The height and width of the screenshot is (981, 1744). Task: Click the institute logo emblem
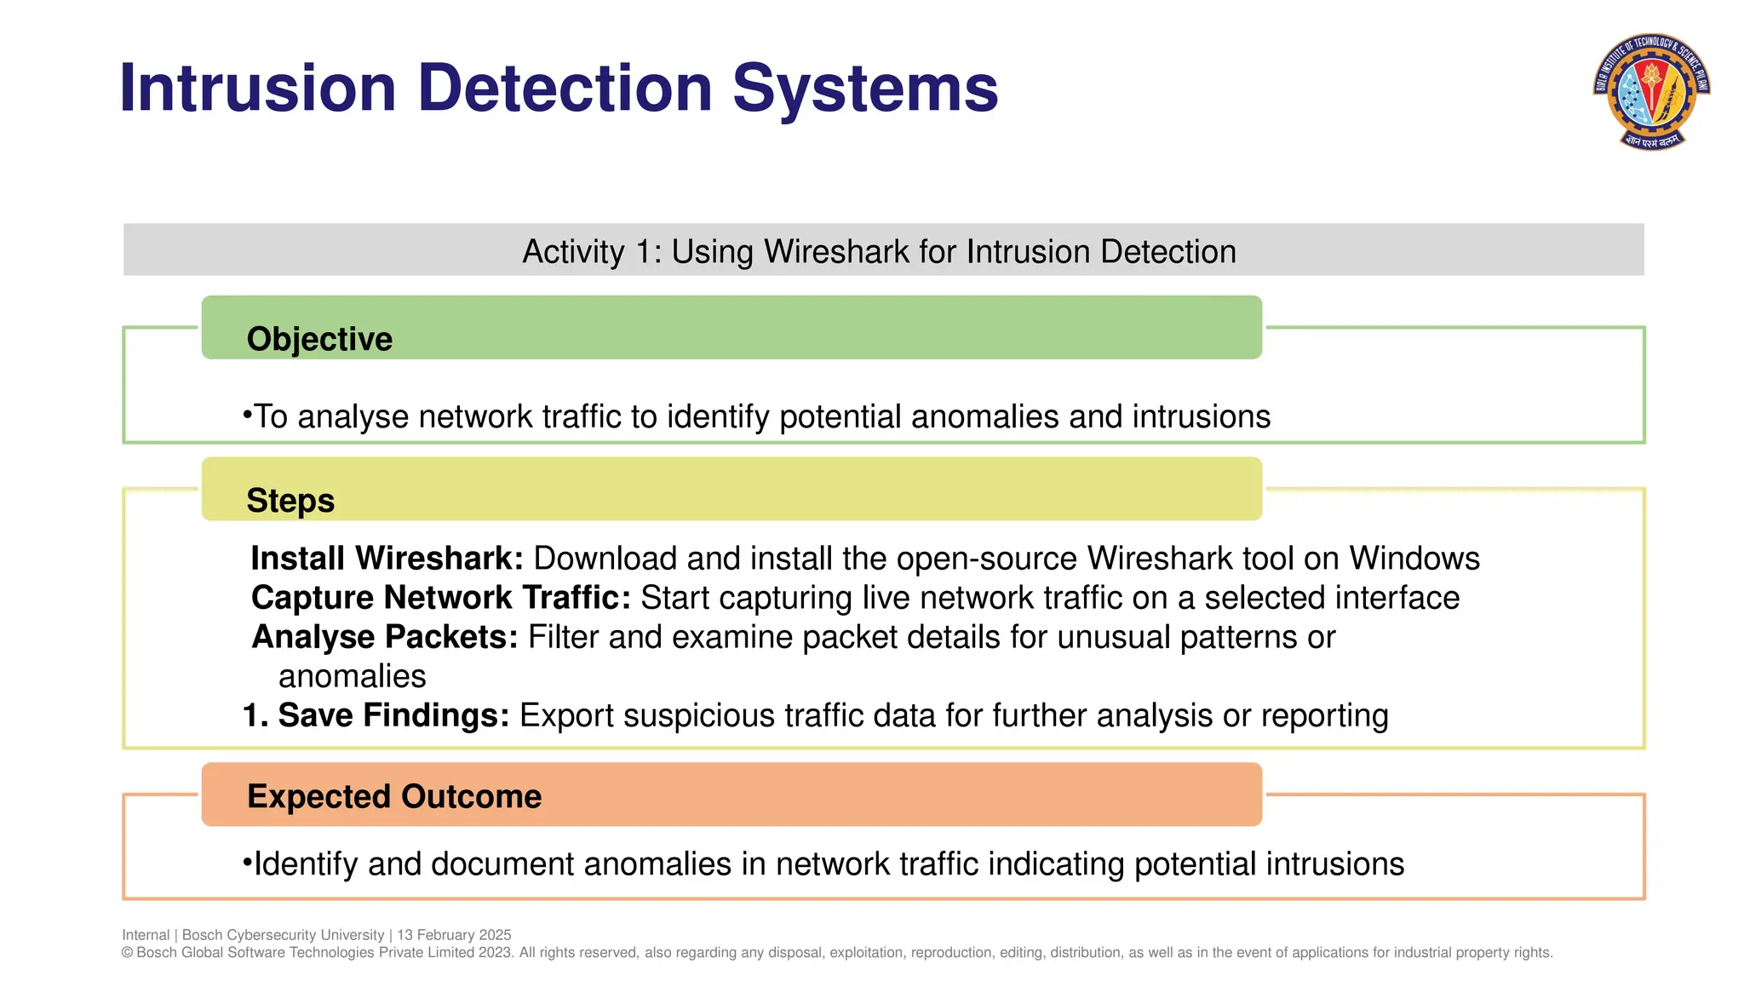1652,91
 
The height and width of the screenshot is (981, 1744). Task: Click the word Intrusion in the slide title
258,88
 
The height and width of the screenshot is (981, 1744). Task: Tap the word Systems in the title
865,88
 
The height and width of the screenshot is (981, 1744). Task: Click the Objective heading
319,339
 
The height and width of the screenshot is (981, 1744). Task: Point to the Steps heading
290,501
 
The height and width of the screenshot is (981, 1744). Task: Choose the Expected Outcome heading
394,796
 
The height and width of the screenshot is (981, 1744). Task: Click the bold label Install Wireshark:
387,559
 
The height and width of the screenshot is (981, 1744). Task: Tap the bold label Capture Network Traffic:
440,598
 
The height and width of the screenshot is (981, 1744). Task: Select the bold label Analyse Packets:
384,637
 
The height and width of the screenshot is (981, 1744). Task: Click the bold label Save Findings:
393,715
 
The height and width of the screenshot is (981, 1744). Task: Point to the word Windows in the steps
1414,559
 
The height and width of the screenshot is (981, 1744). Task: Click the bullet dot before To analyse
247,415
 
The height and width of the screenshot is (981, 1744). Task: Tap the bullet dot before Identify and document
247,863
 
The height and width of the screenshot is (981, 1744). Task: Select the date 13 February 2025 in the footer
454,935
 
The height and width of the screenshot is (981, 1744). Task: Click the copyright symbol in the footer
128,953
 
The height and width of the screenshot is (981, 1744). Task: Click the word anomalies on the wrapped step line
352,676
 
